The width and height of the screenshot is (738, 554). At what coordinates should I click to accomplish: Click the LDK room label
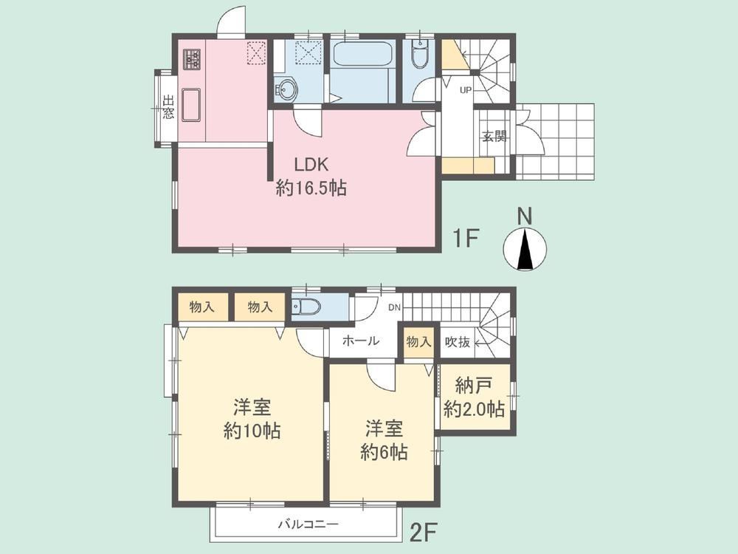click(x=311, y=165)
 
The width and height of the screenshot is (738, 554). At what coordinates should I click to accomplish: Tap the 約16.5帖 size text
click(x=311, y=188)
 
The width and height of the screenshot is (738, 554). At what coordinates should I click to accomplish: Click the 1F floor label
click(x=465, y=239)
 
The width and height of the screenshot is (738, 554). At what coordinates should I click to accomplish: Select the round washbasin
click(x=285, y=89)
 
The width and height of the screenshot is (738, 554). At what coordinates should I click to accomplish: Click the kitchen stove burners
click(x=192, y=60)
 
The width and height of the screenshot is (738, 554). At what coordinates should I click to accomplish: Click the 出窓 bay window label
click(x=168, y=107)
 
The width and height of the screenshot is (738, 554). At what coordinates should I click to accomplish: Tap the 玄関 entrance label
click(x=494, y=137)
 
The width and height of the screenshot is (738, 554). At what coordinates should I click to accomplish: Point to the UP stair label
click(x=465, y=90)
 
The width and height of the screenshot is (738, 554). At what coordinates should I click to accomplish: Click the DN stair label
click(x=394, y=308)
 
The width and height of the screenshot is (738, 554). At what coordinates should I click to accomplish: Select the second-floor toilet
click(x=306, y=308)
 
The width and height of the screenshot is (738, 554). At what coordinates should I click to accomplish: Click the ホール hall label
click(x=361, y=341)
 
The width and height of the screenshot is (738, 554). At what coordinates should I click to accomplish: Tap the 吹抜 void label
click(x=458, y=342)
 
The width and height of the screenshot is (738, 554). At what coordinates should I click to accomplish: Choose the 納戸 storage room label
click(x=474, y=386)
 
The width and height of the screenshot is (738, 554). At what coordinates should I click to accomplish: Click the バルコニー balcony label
click(x=308, y=524)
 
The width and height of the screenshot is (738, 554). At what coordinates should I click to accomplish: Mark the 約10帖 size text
click(x=252, y=431)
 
